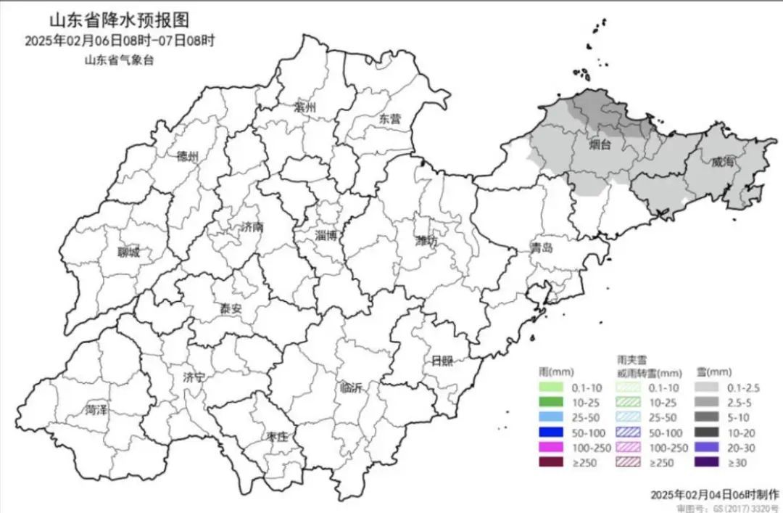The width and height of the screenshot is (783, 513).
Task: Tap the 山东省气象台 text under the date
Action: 120,59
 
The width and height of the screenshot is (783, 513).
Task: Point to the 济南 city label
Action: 252,227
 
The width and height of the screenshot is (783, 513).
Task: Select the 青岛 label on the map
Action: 541,247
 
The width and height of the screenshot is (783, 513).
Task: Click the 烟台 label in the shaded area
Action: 600,145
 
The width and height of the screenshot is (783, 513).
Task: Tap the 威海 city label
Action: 722,162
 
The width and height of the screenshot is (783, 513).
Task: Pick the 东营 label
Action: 389,119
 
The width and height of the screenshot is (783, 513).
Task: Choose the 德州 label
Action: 188,156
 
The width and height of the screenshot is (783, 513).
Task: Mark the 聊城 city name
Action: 128,253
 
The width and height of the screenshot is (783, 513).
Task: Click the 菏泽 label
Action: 96,410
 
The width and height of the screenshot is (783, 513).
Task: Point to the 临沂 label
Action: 351,387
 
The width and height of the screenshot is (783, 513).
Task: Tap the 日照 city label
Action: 442,361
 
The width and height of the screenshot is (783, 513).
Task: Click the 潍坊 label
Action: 426,241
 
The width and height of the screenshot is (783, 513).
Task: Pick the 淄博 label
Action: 326,234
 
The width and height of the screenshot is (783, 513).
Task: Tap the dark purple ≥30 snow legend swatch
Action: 710,462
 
